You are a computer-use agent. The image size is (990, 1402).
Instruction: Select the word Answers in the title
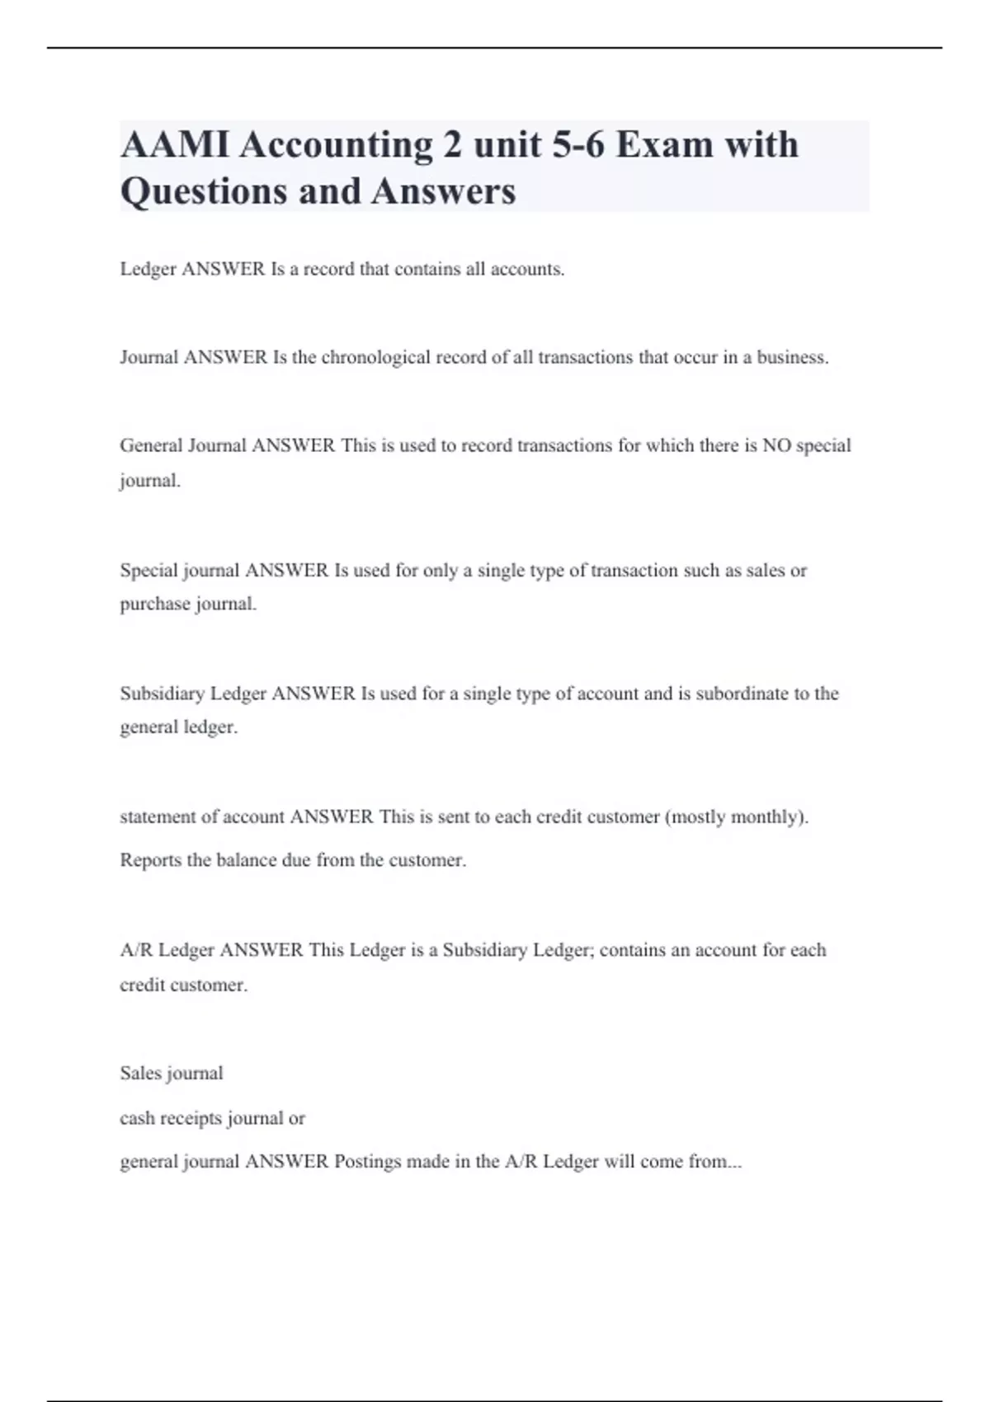(x=443, y=191)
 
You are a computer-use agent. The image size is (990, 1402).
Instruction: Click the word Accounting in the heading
(x=336, y=145)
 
